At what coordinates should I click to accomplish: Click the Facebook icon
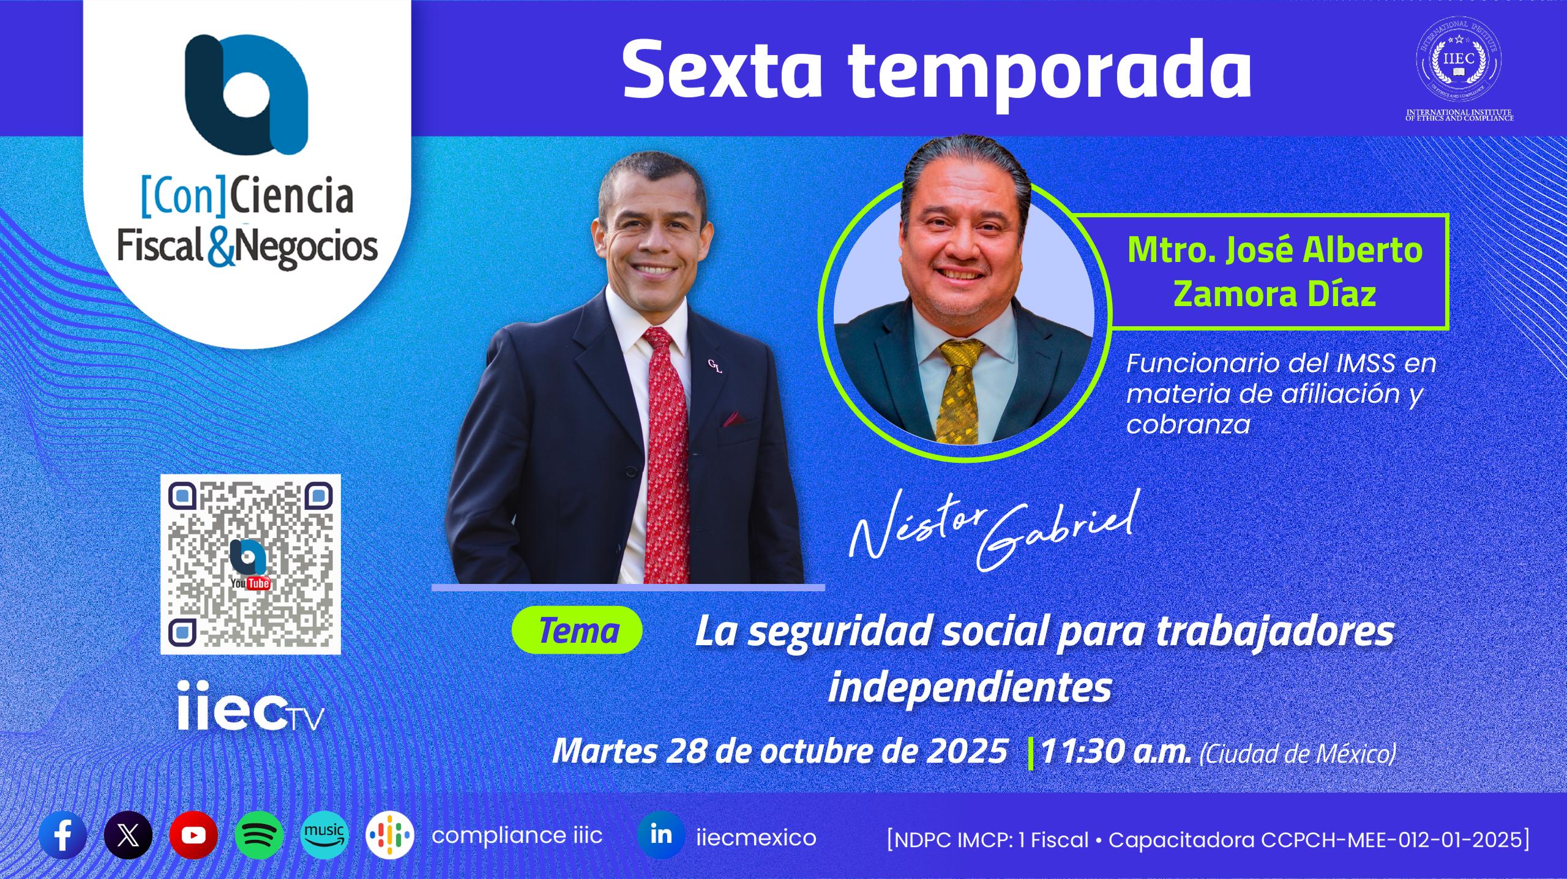coord(63,836)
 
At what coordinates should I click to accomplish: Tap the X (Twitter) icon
coord(129,836)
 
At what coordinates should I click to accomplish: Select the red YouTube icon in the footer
coord(193,836)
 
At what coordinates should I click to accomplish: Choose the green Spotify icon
coord(259,836)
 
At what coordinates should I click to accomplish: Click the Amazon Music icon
coord(324,836)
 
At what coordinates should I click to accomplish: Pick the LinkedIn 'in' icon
coord(661,836)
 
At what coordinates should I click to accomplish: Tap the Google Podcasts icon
coord(390,836)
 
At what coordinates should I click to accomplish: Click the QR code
coord(250,564)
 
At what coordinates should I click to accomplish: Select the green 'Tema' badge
coord(577,630)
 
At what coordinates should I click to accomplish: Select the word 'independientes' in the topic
coord(970,687)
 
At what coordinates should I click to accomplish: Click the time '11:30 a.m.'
coord(1116,752)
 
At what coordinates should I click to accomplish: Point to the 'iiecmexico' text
coord(756,837)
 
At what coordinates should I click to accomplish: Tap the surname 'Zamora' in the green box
coord(1236,294)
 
